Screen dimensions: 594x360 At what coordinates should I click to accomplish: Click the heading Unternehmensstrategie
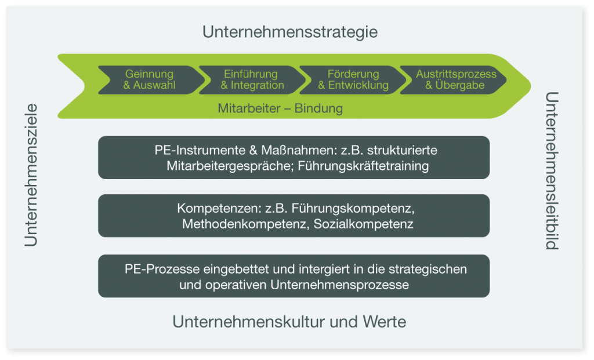click(x=290, y=32)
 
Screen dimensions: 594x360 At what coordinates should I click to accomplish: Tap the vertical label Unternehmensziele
click(x=31, y=175)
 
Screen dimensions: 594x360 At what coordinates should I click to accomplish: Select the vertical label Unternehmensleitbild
click(x=552, y=171)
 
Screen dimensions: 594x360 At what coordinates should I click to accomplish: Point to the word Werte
click(x=385, y=322)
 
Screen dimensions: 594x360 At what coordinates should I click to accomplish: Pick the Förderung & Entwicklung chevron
click(x=353, y=80)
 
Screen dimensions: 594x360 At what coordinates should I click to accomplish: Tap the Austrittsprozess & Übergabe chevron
click(x=454, y=80)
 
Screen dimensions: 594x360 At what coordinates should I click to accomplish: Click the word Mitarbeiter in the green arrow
click(x=249, y=108)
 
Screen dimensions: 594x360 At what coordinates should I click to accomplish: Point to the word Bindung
click(x=318, y=108)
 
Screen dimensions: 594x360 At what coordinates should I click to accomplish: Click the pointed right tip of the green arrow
click(x=530, y=86)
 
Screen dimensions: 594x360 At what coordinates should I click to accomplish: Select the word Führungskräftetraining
click(x=363, y=166)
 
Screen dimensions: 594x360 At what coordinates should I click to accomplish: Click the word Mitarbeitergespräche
click(x=230, y=166)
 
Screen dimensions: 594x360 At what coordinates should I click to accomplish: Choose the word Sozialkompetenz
click(x=363, y=224)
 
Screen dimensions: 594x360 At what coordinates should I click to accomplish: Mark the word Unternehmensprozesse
click(x=340, y=285)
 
